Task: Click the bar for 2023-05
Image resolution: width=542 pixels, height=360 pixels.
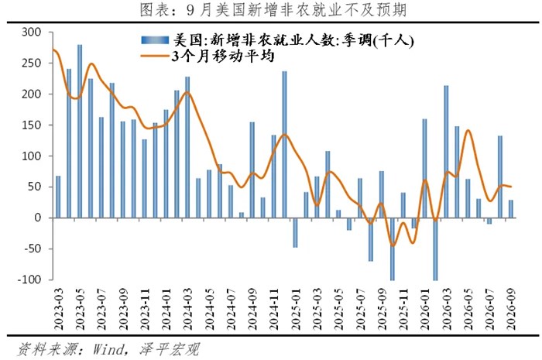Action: click(x=80, y=132)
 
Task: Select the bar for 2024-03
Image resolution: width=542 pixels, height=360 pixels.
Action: click(x=187, y=147)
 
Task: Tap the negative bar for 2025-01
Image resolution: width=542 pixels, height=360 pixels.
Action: click(x=295, y=232)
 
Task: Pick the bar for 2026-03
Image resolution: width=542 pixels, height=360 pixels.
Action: click(x=446, y=152)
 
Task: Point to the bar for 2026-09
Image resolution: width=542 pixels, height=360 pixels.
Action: click(x=511, y=209)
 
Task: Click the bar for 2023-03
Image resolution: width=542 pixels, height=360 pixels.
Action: click(x=58, y=197)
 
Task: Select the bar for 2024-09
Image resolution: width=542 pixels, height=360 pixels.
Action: click(x=252, y=170)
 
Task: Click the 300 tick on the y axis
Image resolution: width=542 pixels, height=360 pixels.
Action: click(x=31, y=33)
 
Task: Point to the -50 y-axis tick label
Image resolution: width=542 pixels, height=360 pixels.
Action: click(x=33, y=249)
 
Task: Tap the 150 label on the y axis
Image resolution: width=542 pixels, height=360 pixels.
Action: click(x=31, y=125)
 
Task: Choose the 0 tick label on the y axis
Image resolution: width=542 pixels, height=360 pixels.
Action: click(x=38, y=218)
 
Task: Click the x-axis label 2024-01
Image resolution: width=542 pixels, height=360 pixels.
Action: click(x=166, y=309)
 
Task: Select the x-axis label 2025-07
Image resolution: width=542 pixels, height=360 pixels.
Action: click(x=360, y=309)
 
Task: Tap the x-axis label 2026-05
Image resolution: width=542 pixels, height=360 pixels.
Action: click(x=468, y=309)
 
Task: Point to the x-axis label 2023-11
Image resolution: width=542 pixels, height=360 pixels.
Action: click(x=145, y=309)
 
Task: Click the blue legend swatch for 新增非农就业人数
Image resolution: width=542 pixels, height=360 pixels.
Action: click(x=155, y=40)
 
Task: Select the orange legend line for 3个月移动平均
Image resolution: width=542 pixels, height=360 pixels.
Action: click(x=155, y=56)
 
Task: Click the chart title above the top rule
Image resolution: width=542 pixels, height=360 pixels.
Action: click(x=273, y=9)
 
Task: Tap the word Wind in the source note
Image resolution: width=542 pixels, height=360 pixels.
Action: click(x=108, y=349)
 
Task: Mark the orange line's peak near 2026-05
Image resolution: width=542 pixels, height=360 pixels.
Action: click(x=468, y=130)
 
